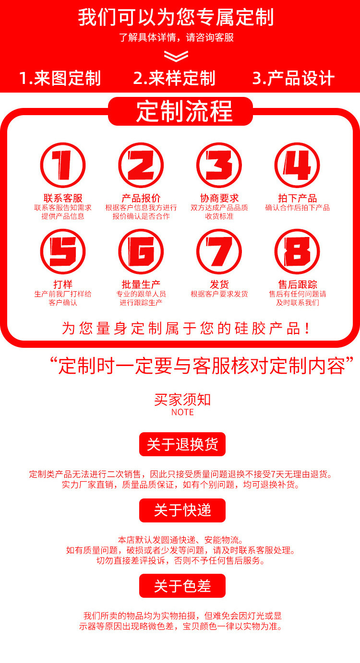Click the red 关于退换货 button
(182, 444)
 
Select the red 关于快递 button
(182, 510)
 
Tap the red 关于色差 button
(182, 585)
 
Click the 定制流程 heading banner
(180, 111)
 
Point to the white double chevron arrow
(176, 56)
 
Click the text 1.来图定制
(60, 78)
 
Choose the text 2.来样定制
(174, 78)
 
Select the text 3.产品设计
(293, 78)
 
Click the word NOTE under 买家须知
(182, 412)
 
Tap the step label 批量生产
(141, 284)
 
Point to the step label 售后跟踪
(297, 284)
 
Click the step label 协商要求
(219, 198)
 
